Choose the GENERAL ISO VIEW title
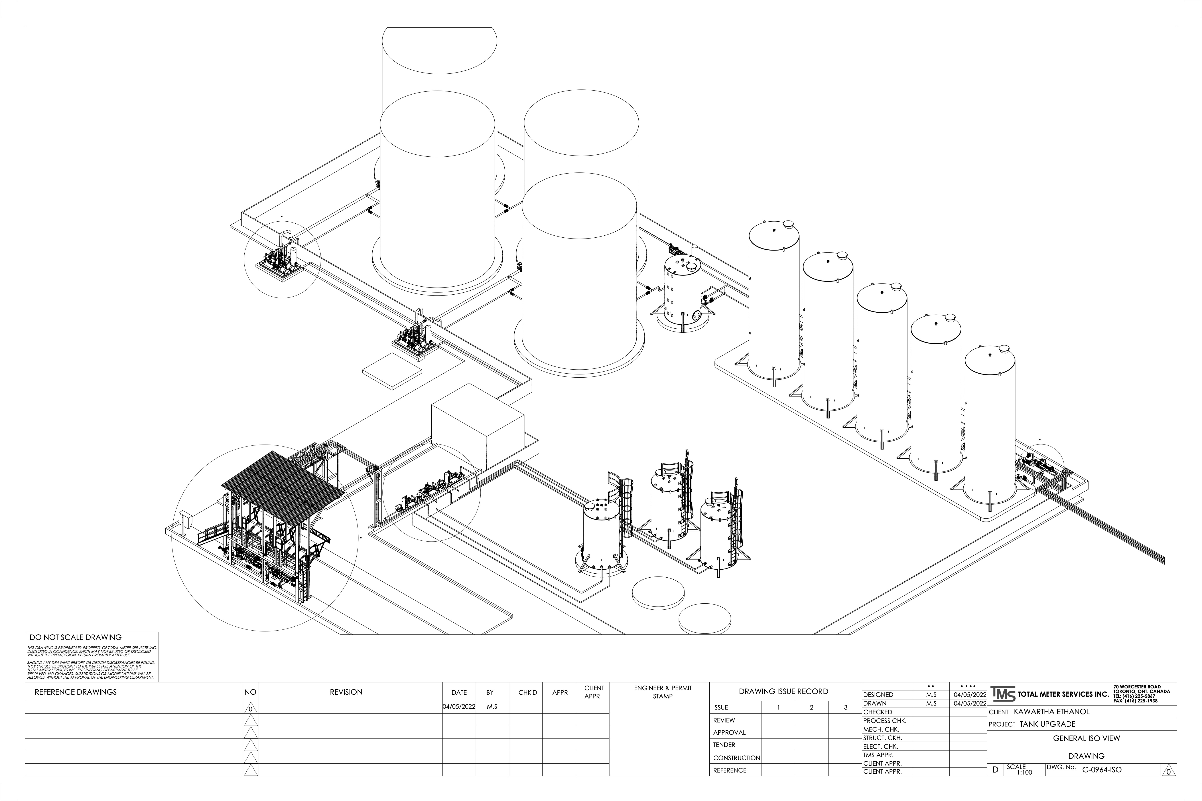pyautogui.click(x=1086, y=738)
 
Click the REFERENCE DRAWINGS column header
pyautogui.click(x=76, y=692)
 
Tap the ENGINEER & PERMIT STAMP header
pyautogui.click(x=663, y=692)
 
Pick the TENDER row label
pyautogui.click(x=724, y=745)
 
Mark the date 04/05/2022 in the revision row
pyautogui.click(x=459, y=707)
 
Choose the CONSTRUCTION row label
pyautogui.click(x=736, y=758)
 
